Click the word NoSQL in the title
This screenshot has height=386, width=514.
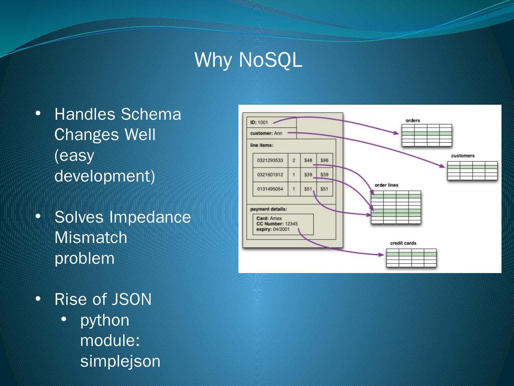(270, 60)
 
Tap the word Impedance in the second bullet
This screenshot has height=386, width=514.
(150, 217)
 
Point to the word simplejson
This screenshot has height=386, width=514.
(120, 361)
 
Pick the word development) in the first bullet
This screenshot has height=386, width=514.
(105, 176)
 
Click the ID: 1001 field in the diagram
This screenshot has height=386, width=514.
(259, 123)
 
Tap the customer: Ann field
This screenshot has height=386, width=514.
(266, 133)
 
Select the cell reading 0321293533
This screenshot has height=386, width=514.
(270, 160)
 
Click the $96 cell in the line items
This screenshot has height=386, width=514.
(324, 160)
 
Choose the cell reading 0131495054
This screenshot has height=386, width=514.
(270, 189)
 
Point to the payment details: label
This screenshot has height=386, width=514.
(268, 209)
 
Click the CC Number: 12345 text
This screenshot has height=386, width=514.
(277, 224)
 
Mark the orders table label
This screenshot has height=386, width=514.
(413, 120)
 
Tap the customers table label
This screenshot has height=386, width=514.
(463, 156)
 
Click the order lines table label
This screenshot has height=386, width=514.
(386, 185)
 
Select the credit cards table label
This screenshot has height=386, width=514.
(403, 243)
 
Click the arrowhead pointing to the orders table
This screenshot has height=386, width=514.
(397, 133)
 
